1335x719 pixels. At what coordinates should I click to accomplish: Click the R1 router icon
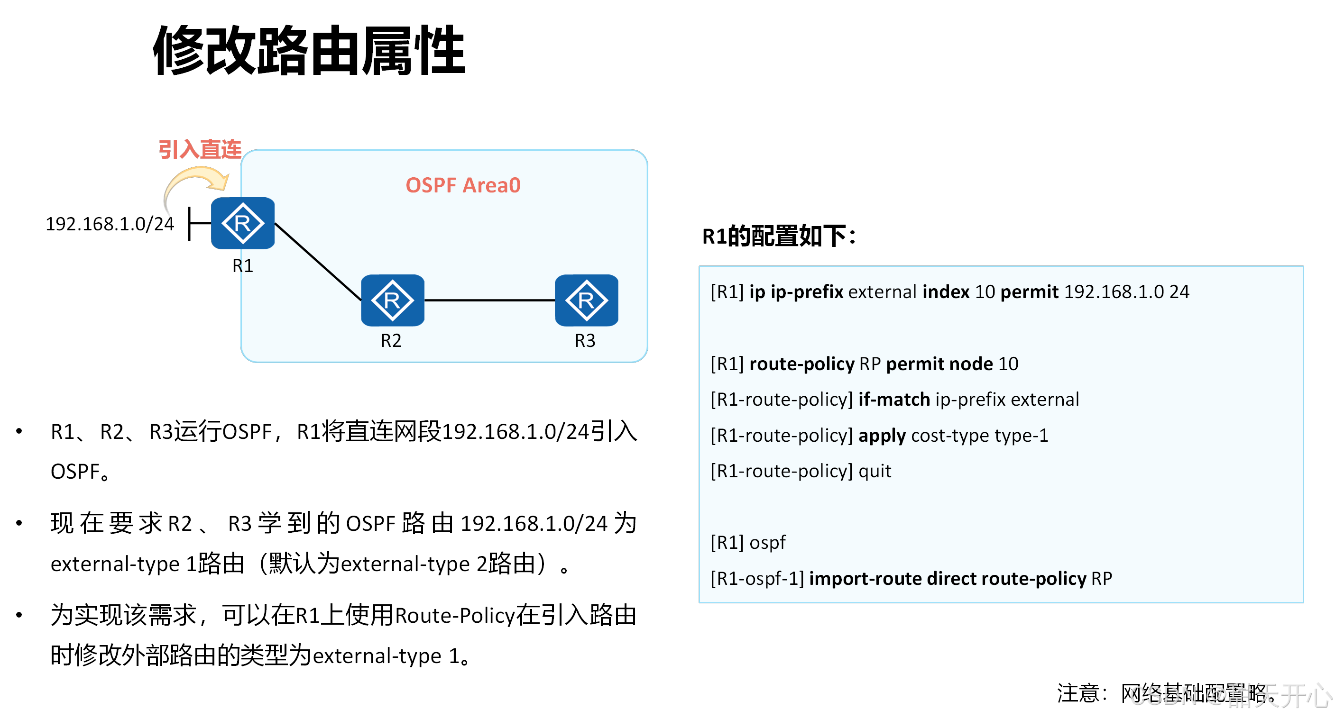242,223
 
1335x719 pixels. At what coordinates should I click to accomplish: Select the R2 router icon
392,300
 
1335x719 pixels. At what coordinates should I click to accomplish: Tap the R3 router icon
586,300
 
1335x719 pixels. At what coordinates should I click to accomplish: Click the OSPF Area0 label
463,185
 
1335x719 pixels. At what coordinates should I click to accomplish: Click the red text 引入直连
200,149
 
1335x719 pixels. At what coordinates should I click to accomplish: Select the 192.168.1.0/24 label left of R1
110,224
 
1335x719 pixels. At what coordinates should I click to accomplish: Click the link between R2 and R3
489,300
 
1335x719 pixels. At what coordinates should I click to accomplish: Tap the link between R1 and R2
317,261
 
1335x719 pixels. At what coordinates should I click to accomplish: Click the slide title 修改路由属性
309,51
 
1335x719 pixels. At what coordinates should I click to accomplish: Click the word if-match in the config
894,400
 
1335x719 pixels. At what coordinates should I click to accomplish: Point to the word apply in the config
882,436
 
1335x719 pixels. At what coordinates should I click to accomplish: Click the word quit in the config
875,471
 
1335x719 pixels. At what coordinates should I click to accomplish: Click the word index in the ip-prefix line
946,292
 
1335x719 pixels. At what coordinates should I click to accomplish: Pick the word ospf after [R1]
767,543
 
